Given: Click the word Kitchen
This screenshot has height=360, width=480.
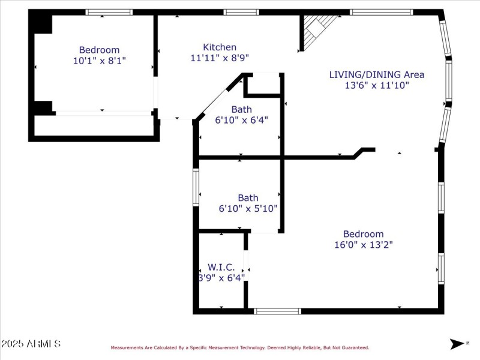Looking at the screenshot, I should [x=219, y=47].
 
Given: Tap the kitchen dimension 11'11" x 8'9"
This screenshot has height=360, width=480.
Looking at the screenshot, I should [x=219, y=58].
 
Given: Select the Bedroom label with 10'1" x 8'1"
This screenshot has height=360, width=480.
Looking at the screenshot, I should [x=99, y=50].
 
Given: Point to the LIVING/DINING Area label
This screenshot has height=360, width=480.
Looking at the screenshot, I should [x=376, y=74].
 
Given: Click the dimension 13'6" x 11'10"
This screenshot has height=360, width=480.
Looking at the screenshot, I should [x=376, y=85].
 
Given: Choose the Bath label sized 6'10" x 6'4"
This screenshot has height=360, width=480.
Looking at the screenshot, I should [x=241, y=109].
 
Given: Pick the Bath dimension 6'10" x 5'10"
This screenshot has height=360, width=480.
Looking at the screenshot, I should [x=248, y=209].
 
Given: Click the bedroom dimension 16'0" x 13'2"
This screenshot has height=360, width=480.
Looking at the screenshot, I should [x=363, y=244].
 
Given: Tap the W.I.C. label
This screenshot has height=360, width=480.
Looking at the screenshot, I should [x=221, y=267].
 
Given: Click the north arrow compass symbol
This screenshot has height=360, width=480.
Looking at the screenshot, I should [x=458, y=343].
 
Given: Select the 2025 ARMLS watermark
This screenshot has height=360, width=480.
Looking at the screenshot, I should [x=31, y=344].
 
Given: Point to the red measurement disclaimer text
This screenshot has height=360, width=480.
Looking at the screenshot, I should [x=239, y=347].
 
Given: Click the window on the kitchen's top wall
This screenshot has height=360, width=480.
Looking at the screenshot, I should [x=241, y=12].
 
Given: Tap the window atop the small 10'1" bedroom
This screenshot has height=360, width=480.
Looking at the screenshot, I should [x=109, y=12].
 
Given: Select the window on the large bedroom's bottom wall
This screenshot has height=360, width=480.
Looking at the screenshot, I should [x=277, y=311].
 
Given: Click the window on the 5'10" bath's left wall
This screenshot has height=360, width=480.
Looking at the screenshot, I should [x=196, y=187].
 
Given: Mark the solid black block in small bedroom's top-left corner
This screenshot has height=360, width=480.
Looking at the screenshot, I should [x=42, y=24].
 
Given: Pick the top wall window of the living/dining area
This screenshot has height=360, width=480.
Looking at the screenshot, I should [x=381, y=12].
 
